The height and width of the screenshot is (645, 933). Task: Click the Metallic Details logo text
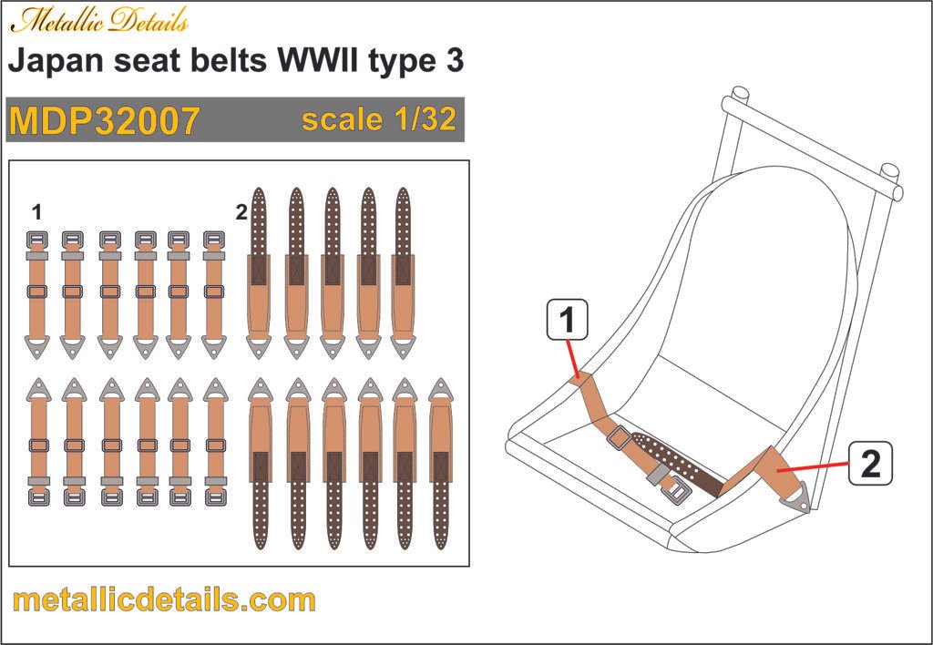click(99, 21)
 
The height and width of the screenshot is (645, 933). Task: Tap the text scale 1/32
click(378, 120)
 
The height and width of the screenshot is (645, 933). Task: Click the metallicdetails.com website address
click(165, 600)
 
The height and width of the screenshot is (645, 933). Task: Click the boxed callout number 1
click(567, 321)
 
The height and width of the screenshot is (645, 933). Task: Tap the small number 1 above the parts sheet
click(36, 213)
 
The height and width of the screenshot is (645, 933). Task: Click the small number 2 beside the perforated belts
click(241, 213)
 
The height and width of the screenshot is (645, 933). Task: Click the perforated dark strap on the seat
click(674, 456)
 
